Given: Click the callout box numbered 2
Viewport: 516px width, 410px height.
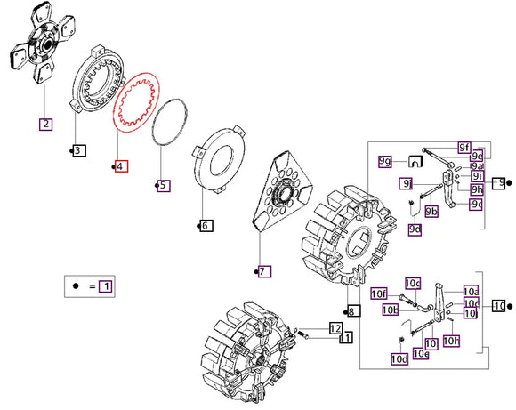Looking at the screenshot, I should coord(45,124).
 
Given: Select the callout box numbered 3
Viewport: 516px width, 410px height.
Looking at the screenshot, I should coord(78,150).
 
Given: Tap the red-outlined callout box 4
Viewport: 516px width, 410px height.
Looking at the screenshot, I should coord(120,166).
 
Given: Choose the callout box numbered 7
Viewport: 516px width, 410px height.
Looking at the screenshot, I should coord(264,271).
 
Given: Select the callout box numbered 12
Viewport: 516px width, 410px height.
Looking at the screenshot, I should coord(335,328).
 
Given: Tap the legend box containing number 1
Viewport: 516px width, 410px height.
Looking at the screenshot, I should coord(106,286).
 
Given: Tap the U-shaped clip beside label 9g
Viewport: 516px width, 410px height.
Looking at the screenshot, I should coord(414,161).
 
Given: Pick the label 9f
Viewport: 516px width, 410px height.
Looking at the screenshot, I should coord(464,146).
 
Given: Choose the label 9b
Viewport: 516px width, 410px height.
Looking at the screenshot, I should coord(431,211).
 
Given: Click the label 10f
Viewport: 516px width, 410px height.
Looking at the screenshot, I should coord(379,293).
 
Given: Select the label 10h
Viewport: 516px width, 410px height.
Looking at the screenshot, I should coord(451,341).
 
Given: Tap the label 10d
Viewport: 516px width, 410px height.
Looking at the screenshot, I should coord(399,358).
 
